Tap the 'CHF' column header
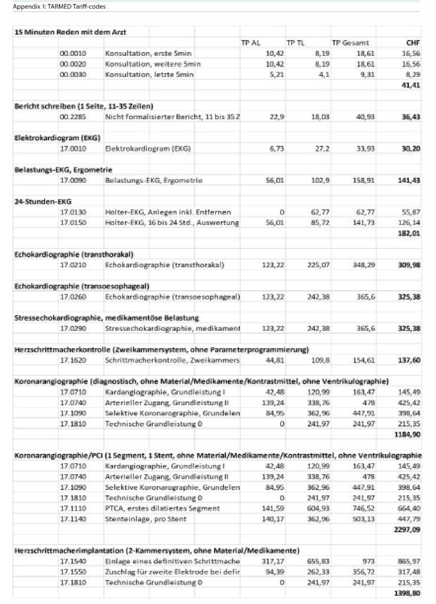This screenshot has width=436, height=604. point(413,43)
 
